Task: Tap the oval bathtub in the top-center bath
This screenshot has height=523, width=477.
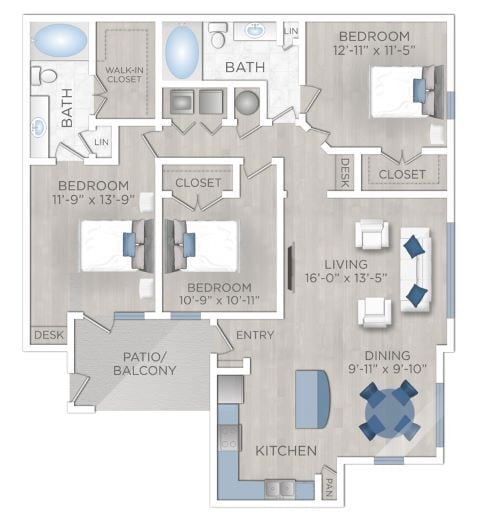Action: [x=182, y=51]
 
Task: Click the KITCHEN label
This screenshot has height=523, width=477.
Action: [x=286, y=451]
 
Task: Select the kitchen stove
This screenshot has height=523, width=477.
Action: [x=229, y=438]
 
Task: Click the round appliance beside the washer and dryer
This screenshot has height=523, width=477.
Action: [x=246, y=102]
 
